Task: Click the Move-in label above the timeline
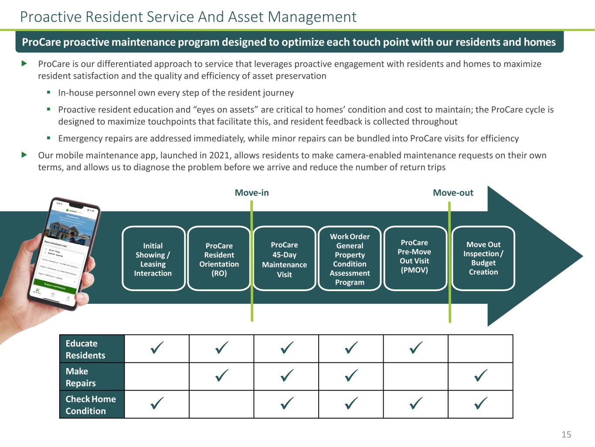(x=252, y=193)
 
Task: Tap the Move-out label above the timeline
(x=453, y=193)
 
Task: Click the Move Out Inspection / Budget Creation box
(x=483, y=258)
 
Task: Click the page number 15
(x=566, y=434)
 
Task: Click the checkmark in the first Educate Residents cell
(x=157, y=348)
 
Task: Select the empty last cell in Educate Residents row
(x=480, y=349)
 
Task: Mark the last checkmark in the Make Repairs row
(x=480, y=376)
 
